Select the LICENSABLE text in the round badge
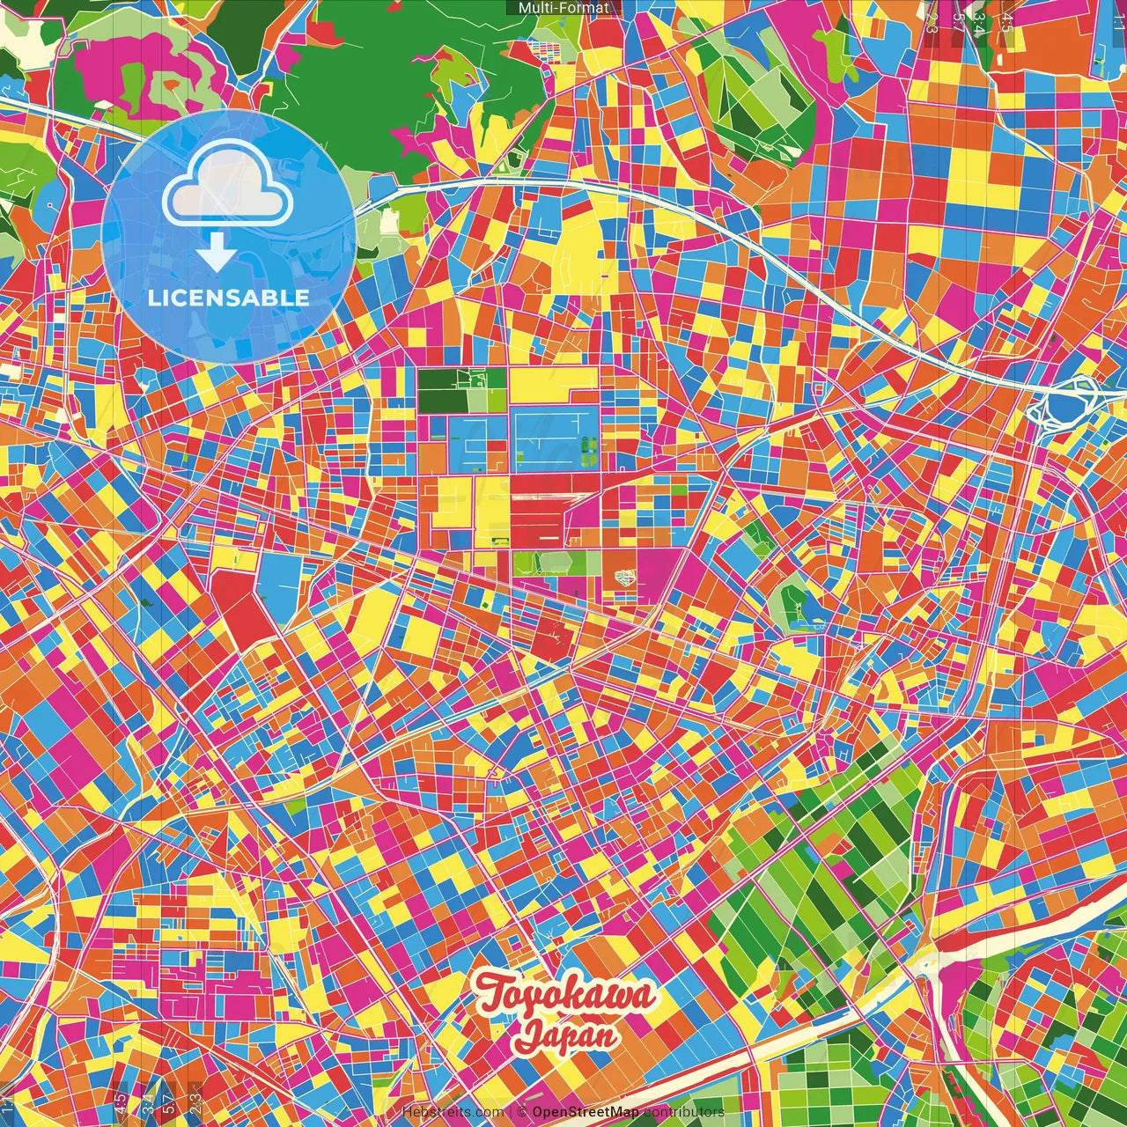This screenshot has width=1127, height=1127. pyautogui.click(x=229, y=298)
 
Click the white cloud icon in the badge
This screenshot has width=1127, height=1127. pyautogui.click(x=228, y=185)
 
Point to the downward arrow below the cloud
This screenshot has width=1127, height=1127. pyautogui.click(x=216, y=253)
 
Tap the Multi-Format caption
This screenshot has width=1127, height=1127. pyautogui.click(x=563, y=8)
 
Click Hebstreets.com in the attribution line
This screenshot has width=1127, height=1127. pyautogui.click(x=453, y=1112)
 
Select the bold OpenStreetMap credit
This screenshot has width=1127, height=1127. pyautogui.click(x=586, y=1112)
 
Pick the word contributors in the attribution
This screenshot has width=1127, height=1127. pyautogui.click(x=684, y=1112)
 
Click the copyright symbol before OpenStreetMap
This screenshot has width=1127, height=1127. pyautogui.click(x=522, y=1112)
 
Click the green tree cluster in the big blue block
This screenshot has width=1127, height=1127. pyautogui.click(x=588, y=453)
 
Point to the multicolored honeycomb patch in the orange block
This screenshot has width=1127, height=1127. pyautogui.click(x=625, y=578)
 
